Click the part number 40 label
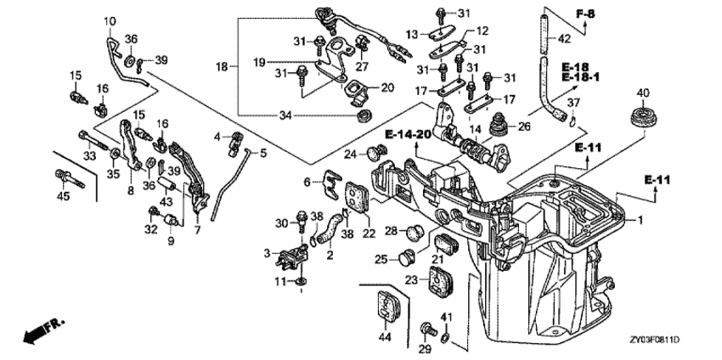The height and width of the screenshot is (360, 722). tap(642, 93)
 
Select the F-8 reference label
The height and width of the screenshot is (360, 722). tap(585, 14)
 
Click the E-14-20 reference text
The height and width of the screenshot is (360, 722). tap(408, 135)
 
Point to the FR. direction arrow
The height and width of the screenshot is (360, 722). tap(43, 330)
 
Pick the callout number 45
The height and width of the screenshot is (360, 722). tap(63, 196)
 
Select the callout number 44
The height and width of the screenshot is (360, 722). tap(385, 337)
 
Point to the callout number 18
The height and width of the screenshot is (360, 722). tap(222, 67)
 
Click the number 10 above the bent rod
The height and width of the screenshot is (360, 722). tap(110, 21)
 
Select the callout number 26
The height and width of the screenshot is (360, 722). tap(524, 126)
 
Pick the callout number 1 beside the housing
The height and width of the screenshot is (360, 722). tap(640, 220)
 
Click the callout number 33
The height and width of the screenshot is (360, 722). tap(89, 156)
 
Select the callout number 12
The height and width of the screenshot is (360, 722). tap(482, 31)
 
